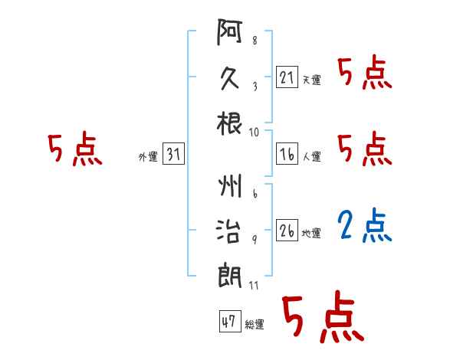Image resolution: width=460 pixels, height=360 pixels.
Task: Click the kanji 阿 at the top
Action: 229,32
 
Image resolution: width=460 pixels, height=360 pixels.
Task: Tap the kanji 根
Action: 229,123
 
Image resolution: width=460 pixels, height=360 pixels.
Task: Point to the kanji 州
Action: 230,186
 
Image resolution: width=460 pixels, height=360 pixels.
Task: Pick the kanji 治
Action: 228,231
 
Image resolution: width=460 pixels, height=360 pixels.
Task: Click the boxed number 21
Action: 287,77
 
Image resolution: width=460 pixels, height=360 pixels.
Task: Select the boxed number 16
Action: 287,154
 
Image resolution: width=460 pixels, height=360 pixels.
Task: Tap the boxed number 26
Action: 287,230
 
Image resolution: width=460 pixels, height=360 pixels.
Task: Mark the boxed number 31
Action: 173,153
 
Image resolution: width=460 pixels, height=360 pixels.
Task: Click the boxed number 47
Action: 230,321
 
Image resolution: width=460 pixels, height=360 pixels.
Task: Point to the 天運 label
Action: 312,80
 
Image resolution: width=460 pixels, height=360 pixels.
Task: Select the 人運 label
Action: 312,156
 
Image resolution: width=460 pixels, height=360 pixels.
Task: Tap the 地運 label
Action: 311,233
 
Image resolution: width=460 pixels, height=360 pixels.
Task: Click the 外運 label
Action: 148,156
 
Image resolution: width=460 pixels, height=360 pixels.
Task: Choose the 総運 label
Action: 255,324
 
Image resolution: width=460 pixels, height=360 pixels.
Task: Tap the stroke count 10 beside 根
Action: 254,133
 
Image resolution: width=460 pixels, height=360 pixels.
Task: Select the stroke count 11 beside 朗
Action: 254,285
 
